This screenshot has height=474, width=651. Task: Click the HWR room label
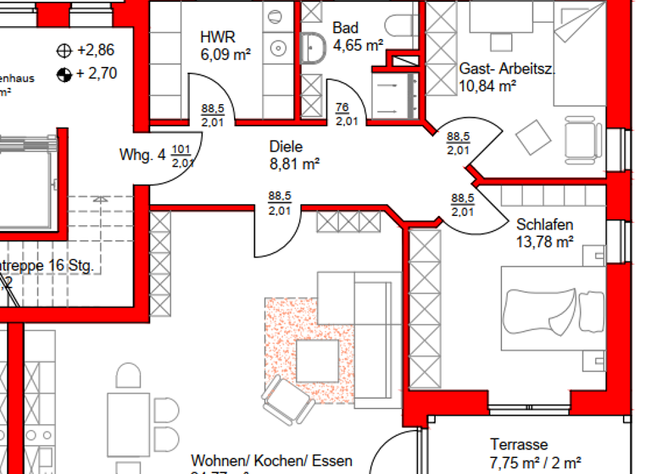[x=217, y=37]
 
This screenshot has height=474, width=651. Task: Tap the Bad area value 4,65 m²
[x=359, y=45]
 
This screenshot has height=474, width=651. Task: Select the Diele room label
[x=286, y=146]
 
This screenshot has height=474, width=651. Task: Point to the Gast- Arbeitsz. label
[x=507, y=69]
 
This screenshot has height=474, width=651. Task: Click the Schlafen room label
[x=544, y=225]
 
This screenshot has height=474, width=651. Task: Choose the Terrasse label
[x=519, y=444]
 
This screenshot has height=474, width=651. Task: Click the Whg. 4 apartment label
[x=142, y=155]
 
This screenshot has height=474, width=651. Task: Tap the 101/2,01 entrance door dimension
[x=181, y=157]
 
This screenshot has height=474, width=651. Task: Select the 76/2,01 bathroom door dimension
[x=345, y=113]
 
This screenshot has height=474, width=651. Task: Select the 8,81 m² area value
[x=294, y=163]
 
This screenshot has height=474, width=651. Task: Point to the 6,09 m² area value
[x=225, y=55]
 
